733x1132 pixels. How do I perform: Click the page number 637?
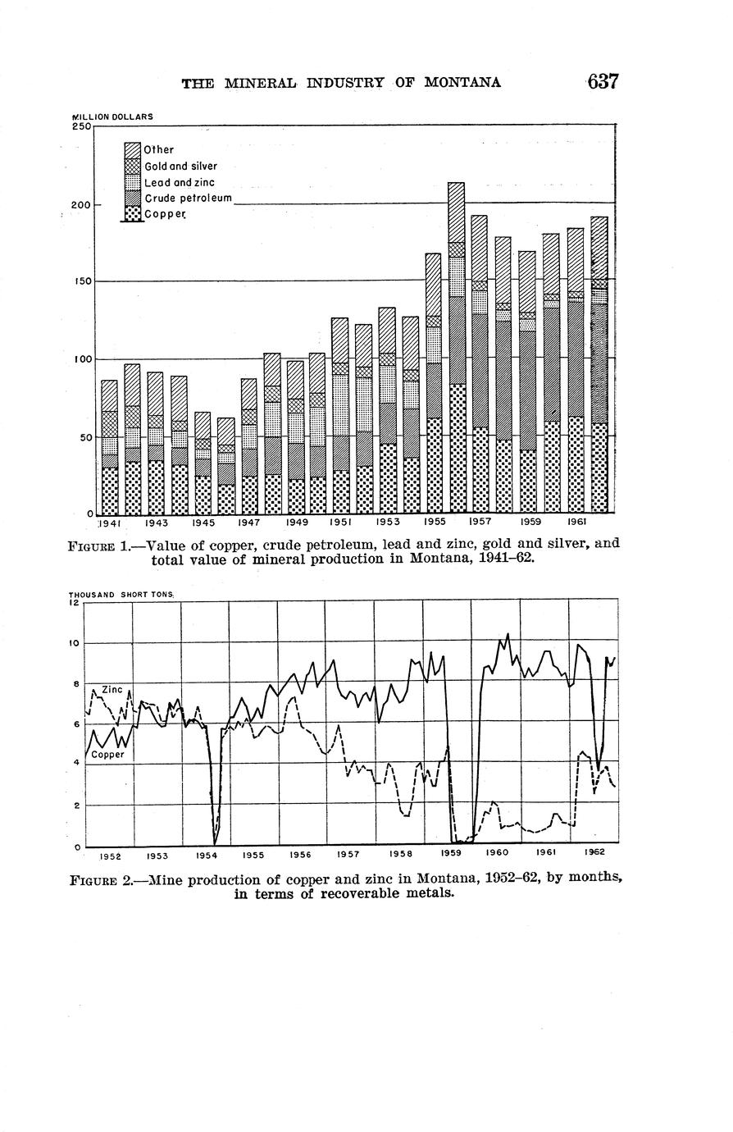click(602, 82)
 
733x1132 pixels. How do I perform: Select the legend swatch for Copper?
click(133, 214)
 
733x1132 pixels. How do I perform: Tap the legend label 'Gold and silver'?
click(180, 167)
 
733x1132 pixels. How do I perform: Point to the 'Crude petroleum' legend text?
click(189, 199)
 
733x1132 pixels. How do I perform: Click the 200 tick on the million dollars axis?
click(80, 205)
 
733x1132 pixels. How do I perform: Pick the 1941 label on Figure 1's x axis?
click(110, 523)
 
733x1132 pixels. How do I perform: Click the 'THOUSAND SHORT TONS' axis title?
click(121, 594)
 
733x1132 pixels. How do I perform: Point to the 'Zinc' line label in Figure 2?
click(112, 690)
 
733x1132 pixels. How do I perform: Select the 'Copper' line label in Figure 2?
click(107, 755)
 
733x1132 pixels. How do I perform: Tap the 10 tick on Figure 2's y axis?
click(74, 643)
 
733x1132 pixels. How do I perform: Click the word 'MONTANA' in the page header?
click(462, 83)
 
